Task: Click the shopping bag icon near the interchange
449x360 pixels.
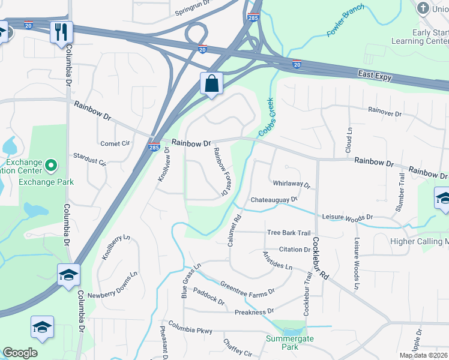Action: coord(211,83)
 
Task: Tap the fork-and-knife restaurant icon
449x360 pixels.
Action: coord(61,32)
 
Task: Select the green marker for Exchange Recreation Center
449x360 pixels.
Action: coord(51,165)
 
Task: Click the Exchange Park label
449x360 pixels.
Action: coord(46,181)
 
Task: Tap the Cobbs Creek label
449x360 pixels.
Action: coord(266,116)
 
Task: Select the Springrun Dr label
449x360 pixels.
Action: coord(195,11)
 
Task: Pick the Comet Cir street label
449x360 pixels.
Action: coord(115,143)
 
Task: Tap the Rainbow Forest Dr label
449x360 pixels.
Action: coord(220,173)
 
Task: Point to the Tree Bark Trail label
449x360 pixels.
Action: coord(289,233)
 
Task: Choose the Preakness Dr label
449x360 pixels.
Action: coord(254,311)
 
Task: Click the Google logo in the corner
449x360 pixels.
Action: coord(19,353)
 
